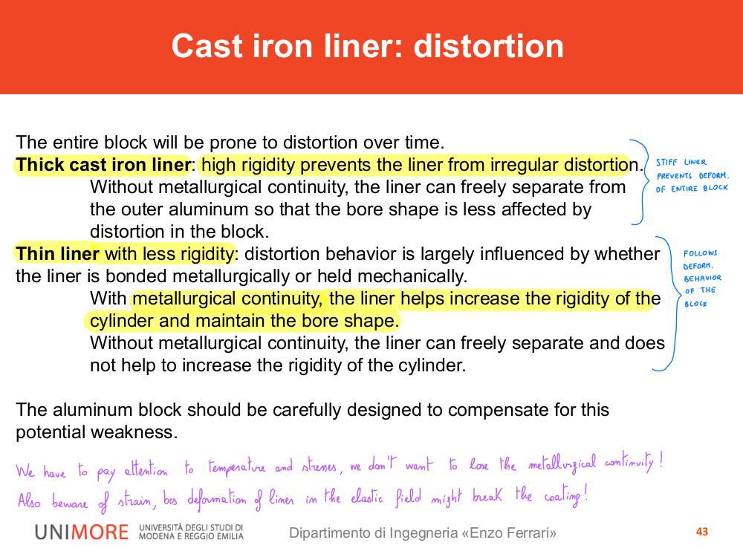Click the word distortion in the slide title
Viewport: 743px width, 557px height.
click(489, 46)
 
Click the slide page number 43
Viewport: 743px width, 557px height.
click(702, 532)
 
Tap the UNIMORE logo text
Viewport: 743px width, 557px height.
click(82, 532)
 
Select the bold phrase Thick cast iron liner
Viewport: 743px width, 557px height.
click(103, 165)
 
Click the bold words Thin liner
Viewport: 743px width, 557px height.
click(57, 254)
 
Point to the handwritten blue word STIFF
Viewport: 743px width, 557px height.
click(666, 163)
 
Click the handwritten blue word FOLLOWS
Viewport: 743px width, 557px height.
click(701, 253)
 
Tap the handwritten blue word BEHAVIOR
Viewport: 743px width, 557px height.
click(702, 278)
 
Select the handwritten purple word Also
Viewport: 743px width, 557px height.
click(30, 500)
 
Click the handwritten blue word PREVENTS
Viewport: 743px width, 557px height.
click(675, 176)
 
